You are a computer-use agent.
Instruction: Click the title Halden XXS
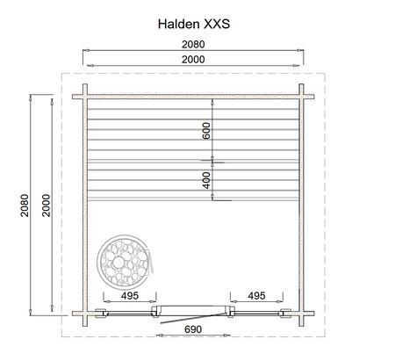(x=194, y=24)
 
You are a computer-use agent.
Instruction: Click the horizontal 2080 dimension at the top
(x=193, y=45)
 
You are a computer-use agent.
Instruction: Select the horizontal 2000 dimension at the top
(x=193, y=60)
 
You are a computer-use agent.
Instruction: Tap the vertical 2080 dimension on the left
(x=25, y=206)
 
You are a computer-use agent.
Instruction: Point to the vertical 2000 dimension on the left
(x=47, y=206)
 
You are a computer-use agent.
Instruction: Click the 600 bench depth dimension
(x=206, y=131)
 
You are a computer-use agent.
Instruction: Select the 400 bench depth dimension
(x=206, y=180)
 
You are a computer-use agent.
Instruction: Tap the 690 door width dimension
(x=193, y=329)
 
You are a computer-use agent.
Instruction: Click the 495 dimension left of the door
(x=130, y=296)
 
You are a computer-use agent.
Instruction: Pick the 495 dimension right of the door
(x=256, y=296)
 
